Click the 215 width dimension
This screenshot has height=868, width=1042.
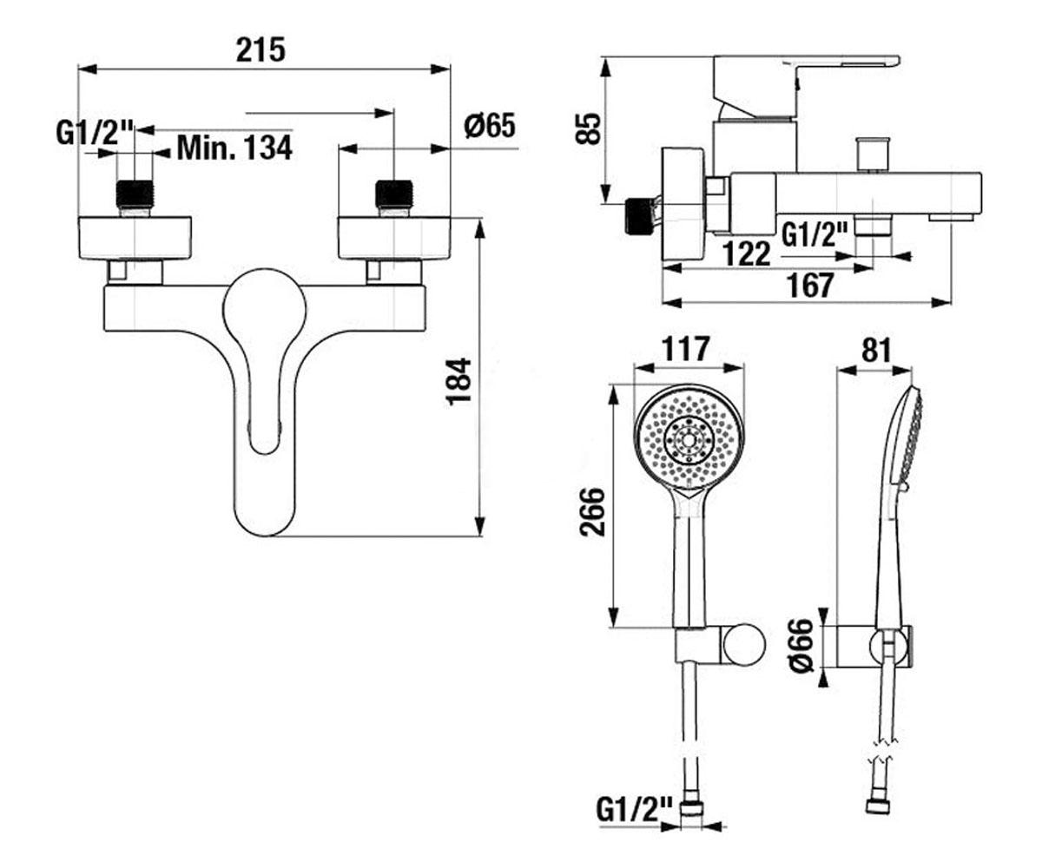260,49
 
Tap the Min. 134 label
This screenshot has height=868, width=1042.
234,148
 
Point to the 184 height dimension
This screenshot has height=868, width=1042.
458,381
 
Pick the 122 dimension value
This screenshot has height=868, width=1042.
747,253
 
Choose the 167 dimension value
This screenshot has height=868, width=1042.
810,285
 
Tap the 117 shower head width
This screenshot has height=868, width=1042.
686,349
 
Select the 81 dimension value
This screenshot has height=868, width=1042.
876,351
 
